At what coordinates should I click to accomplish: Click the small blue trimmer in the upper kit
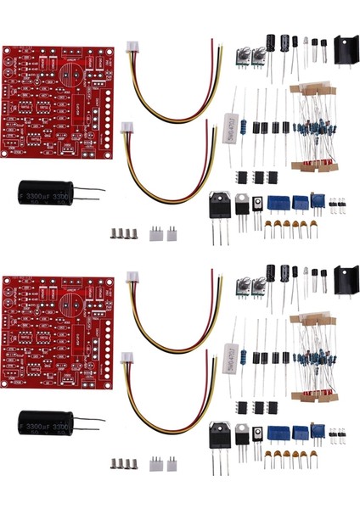(x=317, y=200)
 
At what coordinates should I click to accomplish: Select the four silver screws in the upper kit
(x=124, y=232)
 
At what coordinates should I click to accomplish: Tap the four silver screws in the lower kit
(x=124, y=462)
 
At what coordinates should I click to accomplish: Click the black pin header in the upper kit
(x=337, y=204)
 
